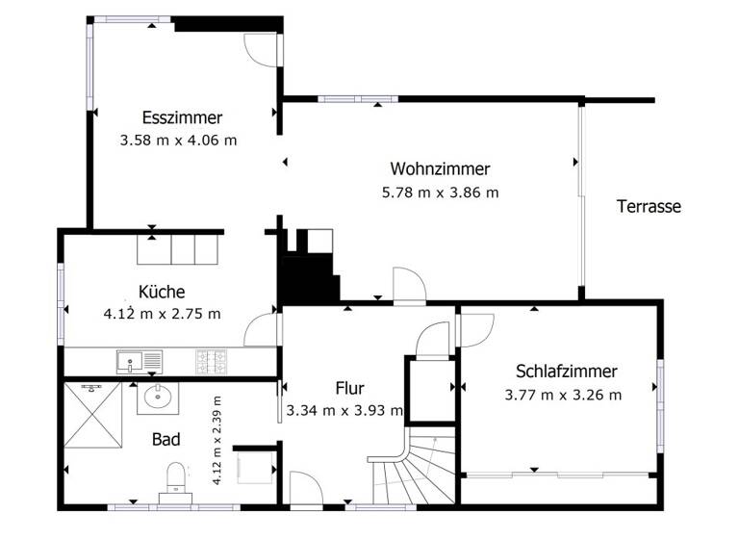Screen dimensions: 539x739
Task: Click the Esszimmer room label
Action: tap(182, 118)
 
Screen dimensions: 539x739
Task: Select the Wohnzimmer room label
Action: tap(440, 169)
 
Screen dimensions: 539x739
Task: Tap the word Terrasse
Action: tap(650, 206)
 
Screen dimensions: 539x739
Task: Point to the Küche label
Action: tap(161, 292)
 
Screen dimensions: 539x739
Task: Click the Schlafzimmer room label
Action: tap(566, 372)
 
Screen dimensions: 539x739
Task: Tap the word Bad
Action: tap(166, 440)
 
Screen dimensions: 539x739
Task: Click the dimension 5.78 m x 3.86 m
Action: tap(440, 192)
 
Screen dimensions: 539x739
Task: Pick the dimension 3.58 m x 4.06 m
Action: tap(179, 141)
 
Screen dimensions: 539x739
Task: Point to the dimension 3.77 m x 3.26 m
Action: tap(563, 395)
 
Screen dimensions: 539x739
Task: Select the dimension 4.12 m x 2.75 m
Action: tap(162, 314)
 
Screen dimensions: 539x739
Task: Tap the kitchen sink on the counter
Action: tap(140, 362)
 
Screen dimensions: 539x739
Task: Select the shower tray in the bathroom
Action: tap(94, 416)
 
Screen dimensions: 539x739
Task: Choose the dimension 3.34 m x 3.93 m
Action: tap(344, 412)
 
